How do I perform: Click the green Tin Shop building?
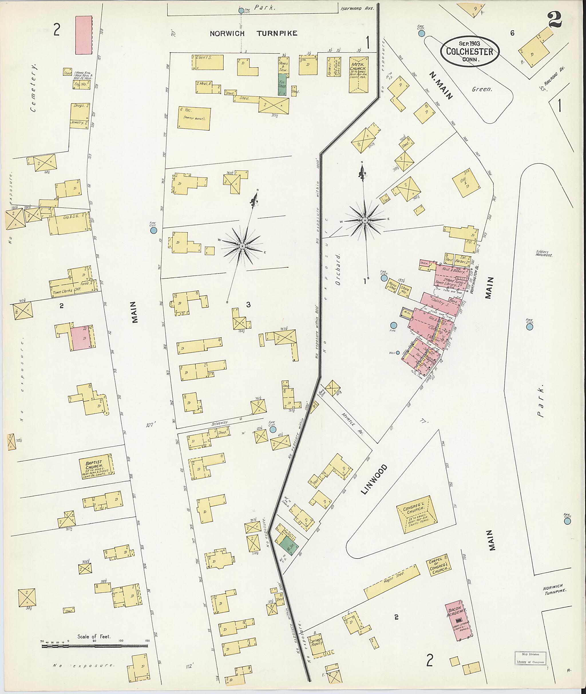click(282, 84)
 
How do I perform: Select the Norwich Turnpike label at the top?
click(253, 33)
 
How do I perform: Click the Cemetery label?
click(35, 88)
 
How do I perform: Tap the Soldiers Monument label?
click(544, 253)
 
